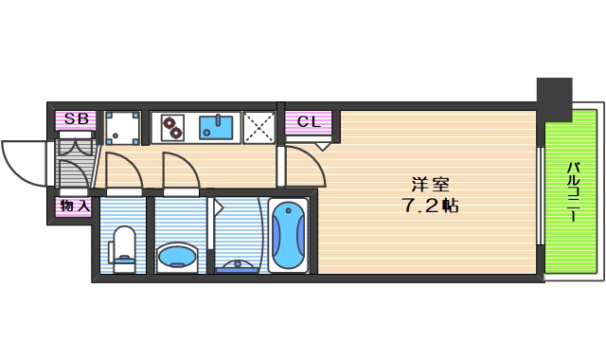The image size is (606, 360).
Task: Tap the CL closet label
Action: pyautogui.click(x=309, y=121)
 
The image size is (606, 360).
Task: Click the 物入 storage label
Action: pyautogui.click(x=75, y=206)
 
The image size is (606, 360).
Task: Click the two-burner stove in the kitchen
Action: pyautogui.click(x=172, y=127)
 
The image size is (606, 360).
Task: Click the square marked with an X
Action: pyautogui.click(x=258, y=128)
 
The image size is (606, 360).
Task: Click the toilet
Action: pyautogui.click(x=123, y=249)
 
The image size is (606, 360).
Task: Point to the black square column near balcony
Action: pyautogui.click(x=556, y=98)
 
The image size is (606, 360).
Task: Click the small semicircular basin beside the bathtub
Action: pyautogui.click(x=236, y=265)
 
